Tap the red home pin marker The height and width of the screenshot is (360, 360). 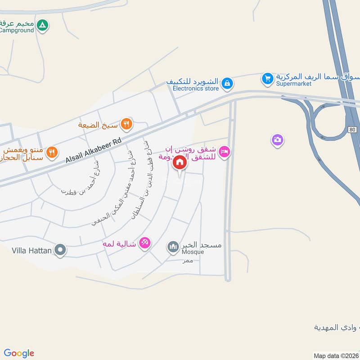[180, 162]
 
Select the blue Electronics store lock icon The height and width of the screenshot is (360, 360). [227, 83]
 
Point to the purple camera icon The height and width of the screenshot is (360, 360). [278, 140]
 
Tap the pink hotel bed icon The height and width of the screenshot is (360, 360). [225, 152]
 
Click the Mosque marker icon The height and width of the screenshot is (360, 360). [173, 247]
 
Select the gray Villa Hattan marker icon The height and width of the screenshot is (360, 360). [60, 249]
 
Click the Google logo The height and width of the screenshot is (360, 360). [19, 353]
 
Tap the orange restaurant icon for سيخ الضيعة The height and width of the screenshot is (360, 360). [127, 124]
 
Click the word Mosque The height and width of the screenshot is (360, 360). [193, 252]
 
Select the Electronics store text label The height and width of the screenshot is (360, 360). [196, 89]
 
